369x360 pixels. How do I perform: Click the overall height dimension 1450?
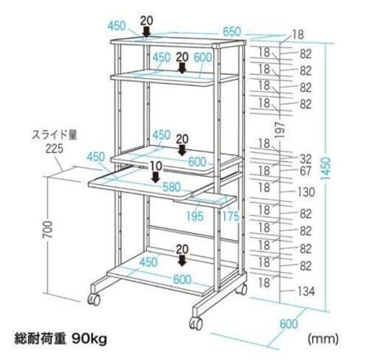tap(326, 169)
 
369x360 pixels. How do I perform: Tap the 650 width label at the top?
tap(231, 32)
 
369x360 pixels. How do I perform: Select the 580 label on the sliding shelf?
tap(172, 187)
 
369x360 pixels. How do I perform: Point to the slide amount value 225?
tap(55, 149)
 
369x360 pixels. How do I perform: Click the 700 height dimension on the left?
tap(48, 229)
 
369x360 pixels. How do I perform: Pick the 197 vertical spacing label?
tap(280, 129)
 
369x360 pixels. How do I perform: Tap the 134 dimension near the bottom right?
tap(306, 291)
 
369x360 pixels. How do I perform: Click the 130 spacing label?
tap(306, 192)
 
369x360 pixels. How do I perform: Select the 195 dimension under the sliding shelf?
tap(195, 216)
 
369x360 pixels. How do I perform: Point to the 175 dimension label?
tap(231, 216)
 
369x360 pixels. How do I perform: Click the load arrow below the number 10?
tap(156, 177)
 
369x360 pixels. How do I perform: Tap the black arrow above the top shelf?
tap(146, 32)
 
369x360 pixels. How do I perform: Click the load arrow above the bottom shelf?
tap(182, 260)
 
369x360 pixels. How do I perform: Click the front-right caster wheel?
tap(196, 323)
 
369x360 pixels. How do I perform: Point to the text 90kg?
tap(89, 339)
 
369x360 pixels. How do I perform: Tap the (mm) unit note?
tap(324, 339)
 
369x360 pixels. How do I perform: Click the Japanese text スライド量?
tap(55, 135)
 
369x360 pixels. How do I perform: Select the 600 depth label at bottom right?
tap(289, 324)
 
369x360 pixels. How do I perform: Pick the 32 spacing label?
tap(306, 159)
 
